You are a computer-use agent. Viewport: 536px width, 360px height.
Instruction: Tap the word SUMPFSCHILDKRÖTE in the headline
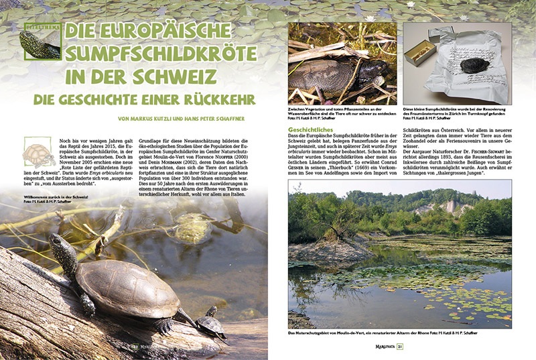coord(155,54)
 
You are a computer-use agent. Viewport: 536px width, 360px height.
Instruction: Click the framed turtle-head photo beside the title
coord(40,42)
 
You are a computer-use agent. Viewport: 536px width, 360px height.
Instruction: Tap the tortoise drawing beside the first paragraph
coord(40,154)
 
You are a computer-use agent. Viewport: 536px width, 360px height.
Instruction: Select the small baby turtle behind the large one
coord(208,324)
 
